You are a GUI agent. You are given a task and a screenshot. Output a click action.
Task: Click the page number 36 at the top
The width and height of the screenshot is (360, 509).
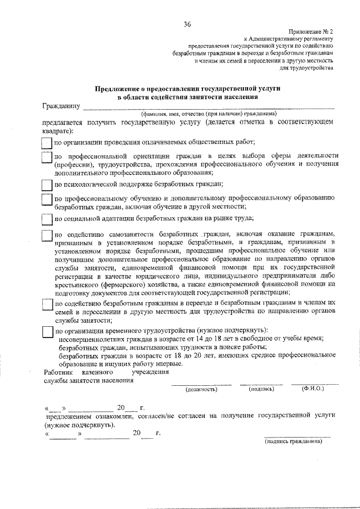tap(187, 24)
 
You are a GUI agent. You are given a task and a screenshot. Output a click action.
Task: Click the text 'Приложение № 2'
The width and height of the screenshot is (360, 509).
tap(312, 33)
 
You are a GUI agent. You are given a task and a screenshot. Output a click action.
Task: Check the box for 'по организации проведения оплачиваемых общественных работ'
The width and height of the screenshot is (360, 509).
tap(47, 143)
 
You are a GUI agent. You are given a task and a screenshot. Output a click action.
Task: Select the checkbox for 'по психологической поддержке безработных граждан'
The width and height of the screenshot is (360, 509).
tap(47, 184)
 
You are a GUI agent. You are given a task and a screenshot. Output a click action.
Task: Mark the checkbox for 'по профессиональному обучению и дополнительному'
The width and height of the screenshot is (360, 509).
tap(47, 201)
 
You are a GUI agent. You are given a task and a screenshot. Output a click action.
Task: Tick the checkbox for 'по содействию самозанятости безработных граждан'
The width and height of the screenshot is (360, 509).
tap(47, 236)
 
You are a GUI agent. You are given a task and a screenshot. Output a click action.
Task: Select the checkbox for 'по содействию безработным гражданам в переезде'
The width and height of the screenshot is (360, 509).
tap(47, 303)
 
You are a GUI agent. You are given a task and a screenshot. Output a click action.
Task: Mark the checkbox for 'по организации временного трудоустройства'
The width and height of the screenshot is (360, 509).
tap(47, 332)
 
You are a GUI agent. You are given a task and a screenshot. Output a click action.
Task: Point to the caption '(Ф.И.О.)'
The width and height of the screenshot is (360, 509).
tap(313, 388)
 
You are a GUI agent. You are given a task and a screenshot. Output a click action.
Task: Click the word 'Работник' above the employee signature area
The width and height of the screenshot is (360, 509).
tap(58, 372)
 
